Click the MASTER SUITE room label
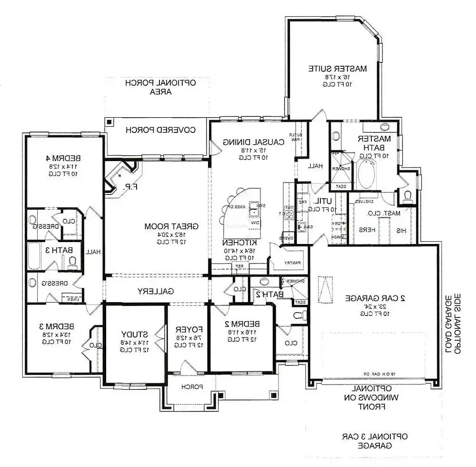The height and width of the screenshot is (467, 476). click(x=337, y=68)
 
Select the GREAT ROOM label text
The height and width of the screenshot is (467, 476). click(x=171, y=226)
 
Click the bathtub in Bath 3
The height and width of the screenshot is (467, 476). click(x=35, y=256)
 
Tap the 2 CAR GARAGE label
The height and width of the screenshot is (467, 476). click(x=376, y=298)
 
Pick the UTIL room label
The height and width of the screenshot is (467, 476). click(x=324, y=201)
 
